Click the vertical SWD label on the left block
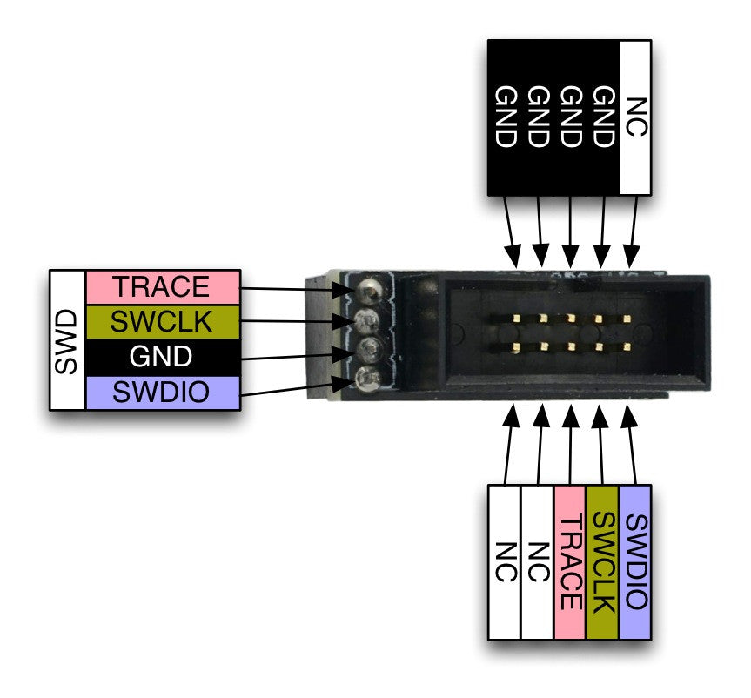[x=67, y=339]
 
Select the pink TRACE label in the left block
[x=162, y=285]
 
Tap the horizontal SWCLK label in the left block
[x=162, y=321]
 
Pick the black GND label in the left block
[x=162, y=357]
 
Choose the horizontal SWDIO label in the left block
[x=162, y=393]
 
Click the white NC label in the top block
[x=636, y=117]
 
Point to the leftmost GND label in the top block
[x=505, y=117]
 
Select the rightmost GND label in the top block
[x=603, y=117]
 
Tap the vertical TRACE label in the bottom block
[x=570, y=562]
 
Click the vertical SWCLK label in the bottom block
[x=603, y=562]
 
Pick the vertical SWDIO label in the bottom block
[x=636, y=562]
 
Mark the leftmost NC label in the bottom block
[x=505, y=562]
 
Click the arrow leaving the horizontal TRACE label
[x=296, y=288]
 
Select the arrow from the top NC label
[x=633, y=231]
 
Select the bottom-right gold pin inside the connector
[x=627, y=347]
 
